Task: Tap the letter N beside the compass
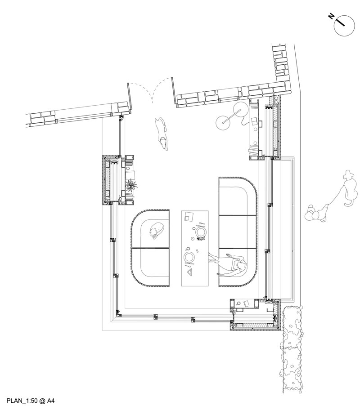pos(331,16)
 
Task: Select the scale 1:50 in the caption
pos(31,401)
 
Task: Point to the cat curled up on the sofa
pos(156,230)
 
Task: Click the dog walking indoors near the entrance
pos(162,134)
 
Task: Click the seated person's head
pos(242,266)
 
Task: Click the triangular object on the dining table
pos(190,272)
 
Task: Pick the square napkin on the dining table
pos(189,216)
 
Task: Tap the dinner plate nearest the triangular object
pos(189,257)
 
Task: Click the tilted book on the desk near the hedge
pos(247,303)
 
